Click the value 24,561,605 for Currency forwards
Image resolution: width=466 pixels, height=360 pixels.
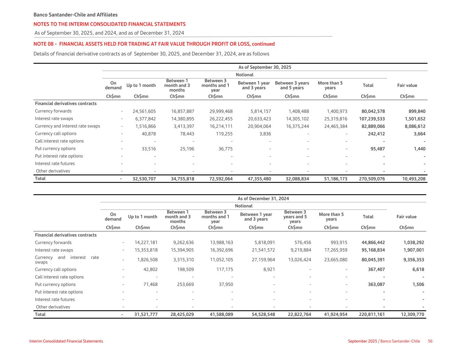(x=144, y=111)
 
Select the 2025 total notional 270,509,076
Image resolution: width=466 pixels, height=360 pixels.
(x=372, y=179)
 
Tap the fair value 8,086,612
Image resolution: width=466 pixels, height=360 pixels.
(x=414, y=126)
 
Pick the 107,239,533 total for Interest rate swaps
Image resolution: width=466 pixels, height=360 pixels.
(x=372, y=119)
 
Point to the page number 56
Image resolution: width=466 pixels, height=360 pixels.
(x=430, y=341)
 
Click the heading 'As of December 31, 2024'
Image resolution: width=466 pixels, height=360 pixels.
(x=263, y=199)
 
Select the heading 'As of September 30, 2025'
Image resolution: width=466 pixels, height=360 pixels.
(x=265, y=67)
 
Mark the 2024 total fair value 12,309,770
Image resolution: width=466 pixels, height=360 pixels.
(x=412, y=315)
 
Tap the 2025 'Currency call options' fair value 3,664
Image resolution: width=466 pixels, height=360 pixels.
(x=420, y=134)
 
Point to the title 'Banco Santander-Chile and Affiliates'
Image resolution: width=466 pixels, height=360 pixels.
(x=75, y=15)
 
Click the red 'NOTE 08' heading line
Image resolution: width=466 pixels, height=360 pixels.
(x=154, y=44)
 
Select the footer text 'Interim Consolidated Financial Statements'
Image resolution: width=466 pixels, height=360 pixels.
(x=66, y=341)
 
